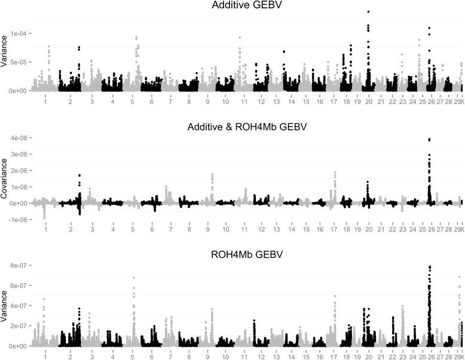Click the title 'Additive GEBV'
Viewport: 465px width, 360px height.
point(243,5)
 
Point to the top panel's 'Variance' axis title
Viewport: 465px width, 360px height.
point(5,60)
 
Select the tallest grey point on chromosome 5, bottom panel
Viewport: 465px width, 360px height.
point(133,277)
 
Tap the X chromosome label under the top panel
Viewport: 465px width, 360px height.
point(461,103)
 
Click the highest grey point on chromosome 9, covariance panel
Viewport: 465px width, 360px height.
point(212,174)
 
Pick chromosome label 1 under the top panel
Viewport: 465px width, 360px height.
point(45,103)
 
